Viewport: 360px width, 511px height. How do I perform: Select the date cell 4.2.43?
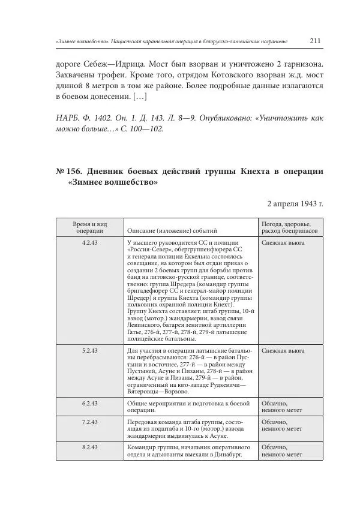tap(90, 242)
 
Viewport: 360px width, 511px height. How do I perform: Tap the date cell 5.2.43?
tap(90, 350)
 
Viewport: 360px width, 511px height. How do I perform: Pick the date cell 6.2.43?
tap(90, 403)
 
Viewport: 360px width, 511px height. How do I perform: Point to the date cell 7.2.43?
tap(90, 422)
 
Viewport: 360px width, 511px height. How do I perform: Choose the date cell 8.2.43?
tap(90, 447)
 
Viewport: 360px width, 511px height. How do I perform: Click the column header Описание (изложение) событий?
tap(172, 230)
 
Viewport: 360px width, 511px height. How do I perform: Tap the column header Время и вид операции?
tap(90, 226)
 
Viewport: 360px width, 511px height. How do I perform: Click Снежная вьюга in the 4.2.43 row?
tap(283, 242)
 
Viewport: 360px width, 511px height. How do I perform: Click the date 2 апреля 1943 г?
tap(295, 203)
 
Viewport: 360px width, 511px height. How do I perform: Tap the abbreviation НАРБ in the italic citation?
tap(67, 118)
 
